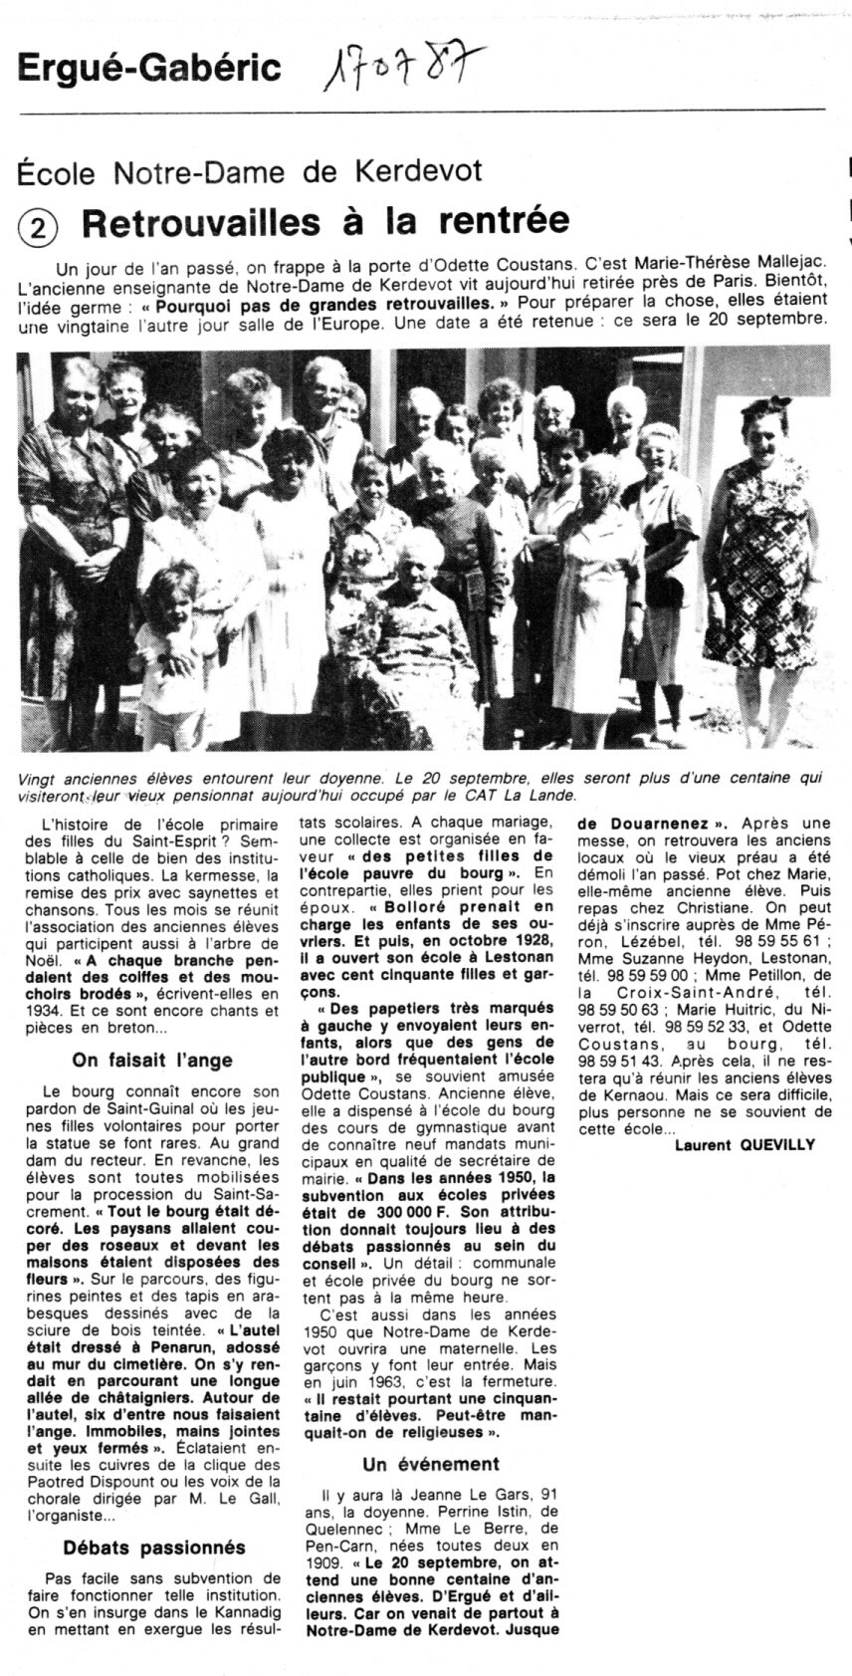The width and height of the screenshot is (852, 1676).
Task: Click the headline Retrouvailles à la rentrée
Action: [x=325, y=221]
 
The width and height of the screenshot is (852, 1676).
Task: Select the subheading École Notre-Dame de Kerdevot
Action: [x=249, y=171]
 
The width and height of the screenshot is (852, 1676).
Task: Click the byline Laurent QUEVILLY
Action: [x=744, y=1144]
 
